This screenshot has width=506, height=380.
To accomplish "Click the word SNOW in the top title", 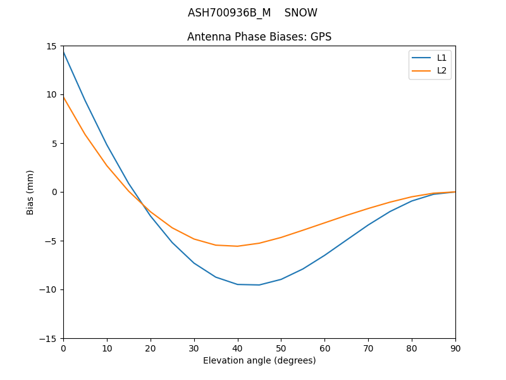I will tap(301, 13).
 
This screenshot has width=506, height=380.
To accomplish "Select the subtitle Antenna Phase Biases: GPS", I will tap(259, 37).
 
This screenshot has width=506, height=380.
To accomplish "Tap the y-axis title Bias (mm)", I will tap(30, 192).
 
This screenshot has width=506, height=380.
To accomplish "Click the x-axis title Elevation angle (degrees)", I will tap(259, 360).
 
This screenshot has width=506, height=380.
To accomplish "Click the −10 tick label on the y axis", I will tap(51, 290).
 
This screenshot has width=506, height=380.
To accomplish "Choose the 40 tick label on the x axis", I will tap(237, 348).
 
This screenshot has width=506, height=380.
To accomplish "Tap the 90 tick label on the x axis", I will tap(455, 348).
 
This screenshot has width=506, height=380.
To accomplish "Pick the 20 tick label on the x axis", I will tap(151, 348).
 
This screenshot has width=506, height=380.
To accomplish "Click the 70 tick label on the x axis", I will tap(368, 348).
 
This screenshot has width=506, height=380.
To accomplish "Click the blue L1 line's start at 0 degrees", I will tap(63, 51).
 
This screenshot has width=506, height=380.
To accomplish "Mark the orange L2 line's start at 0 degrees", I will tap(63, 97).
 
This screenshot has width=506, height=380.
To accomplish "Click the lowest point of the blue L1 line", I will tap(259, 285).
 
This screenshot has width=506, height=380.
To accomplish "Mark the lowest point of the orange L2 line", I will tap(237, 246).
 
